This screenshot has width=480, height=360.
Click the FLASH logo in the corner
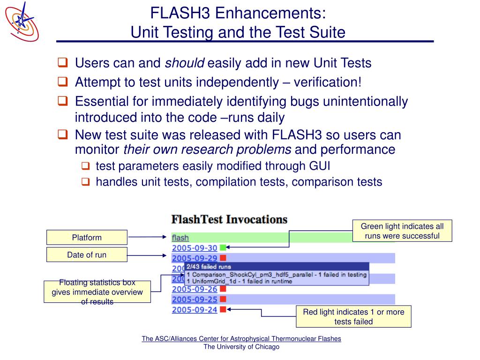(22, 21)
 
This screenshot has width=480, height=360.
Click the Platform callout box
(87, 237)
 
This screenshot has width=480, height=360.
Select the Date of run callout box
(87, 255)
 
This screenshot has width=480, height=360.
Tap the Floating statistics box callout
(97, 292)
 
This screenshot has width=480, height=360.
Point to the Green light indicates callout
(402, 231)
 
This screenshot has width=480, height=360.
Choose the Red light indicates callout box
(353, 316)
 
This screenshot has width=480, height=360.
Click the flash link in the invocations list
(180, 238)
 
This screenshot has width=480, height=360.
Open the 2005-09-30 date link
(195, 248)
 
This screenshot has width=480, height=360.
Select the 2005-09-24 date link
(195, 310)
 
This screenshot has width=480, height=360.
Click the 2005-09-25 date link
(195, 300)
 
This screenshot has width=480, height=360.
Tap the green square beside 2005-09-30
(223, 247)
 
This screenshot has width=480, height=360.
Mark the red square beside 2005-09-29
(223, 258)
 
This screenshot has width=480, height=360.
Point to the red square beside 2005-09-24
(223, 309)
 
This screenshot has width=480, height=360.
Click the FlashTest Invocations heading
(229, 219)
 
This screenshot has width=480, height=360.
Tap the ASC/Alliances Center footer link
(241, 338)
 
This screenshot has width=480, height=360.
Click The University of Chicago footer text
(241, 347)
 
